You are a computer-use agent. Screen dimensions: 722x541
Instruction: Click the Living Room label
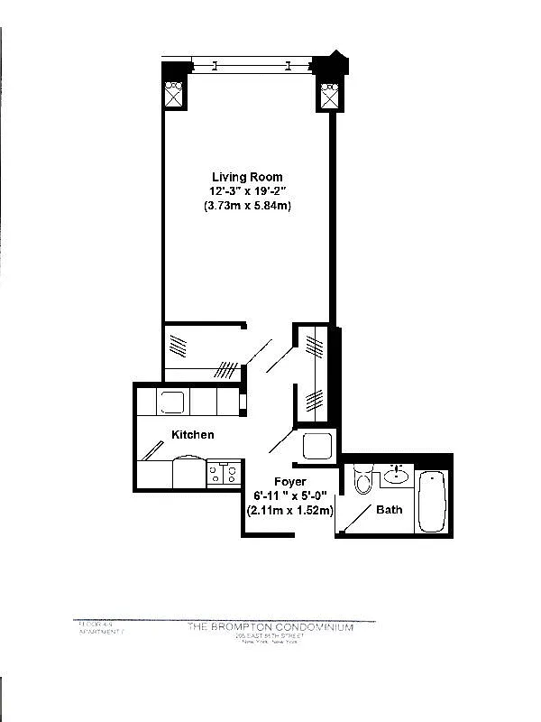pyautogui.click(x=247, y=176)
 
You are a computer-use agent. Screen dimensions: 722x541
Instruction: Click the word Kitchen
pyautogui.click(x=193, y=435)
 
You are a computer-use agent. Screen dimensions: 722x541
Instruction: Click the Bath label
pyautogui.click(x=390, y=510)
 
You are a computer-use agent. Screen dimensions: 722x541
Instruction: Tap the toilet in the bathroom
pyautogui.click(x=363, y=478)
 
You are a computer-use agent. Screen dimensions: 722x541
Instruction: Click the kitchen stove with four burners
pyautogui.click(x=223, y=472)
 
